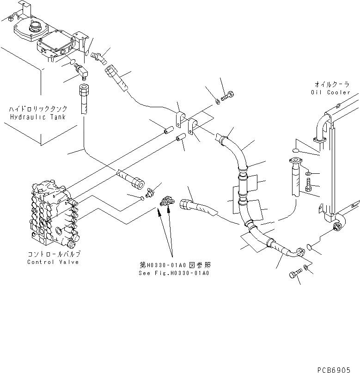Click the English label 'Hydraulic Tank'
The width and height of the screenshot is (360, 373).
(37, 117)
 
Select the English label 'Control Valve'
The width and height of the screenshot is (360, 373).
(54, 262)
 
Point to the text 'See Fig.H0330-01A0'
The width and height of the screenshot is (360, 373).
(174, 273)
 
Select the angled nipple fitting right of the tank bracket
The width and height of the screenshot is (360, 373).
(98, 57)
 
